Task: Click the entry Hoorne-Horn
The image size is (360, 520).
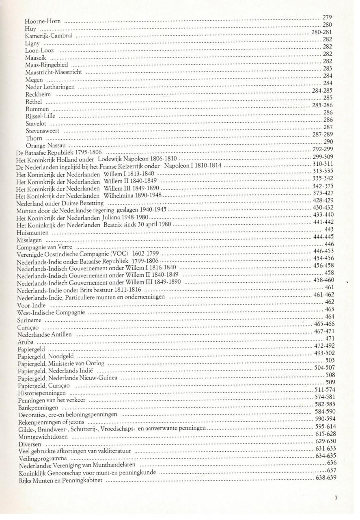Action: tap(43, 21)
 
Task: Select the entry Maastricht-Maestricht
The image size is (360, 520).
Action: tap(54, 72)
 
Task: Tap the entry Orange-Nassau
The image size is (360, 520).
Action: tap(46, 145)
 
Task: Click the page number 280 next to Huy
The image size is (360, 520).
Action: tap(327, 25)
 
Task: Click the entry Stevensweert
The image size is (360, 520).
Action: tap(43, 131)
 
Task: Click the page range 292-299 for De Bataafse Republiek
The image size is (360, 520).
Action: tap(323, 149)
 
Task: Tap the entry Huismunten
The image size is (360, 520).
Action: tap(32, 233)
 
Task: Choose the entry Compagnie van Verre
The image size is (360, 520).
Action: tap(44, 247)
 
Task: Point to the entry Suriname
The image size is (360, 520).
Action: tap(29, 321)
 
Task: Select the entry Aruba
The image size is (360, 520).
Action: tap(25, 342)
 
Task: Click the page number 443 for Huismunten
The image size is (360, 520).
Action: tap(329, 230)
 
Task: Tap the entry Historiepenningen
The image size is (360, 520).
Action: tap(42, 393)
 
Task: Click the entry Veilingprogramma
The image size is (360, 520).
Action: tap(42, 459)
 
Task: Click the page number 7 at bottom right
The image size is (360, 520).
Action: tap(336, 497)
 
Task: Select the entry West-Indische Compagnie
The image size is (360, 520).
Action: tap(51, 313)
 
